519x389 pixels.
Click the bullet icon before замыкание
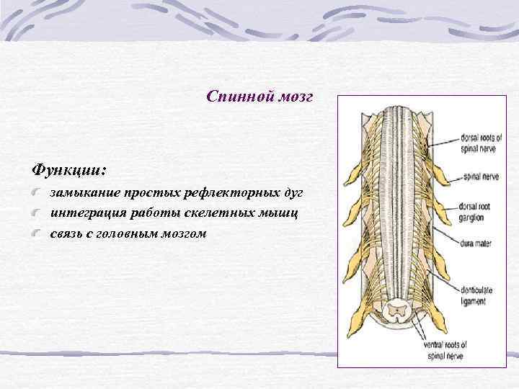click(37, 194)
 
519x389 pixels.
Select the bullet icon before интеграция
click(37, 214)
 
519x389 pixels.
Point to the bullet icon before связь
click(37, 233)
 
